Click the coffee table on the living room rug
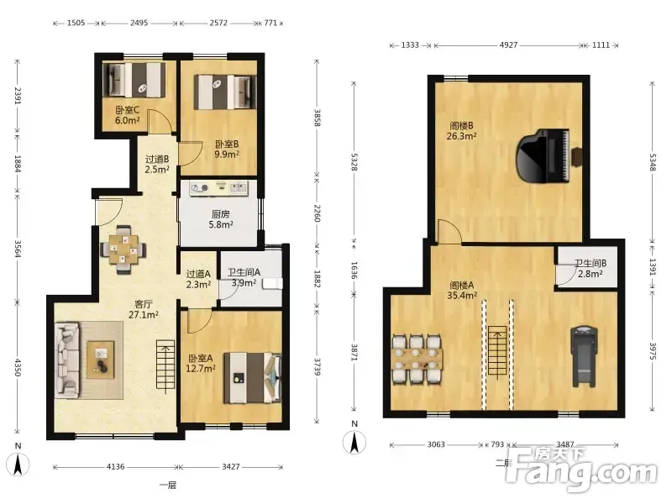[x=101, y=360]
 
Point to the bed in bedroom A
[x=253, y=377]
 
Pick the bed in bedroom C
[x=134, y=80]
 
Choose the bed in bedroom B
[x=224, y=92]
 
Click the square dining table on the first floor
[x=123, y=249]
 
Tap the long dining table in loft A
[x=417, y=359]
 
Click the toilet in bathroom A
[x=272, y=283]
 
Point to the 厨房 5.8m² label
[x=221, y=219]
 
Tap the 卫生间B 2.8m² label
[x=591, y=269]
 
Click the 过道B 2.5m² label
[x=157, y=164]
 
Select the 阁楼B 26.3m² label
[x=461, y=131]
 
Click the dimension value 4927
[x=508, y=45]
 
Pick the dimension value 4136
[x=115, y=467]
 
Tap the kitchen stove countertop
[x=219, y=189]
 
